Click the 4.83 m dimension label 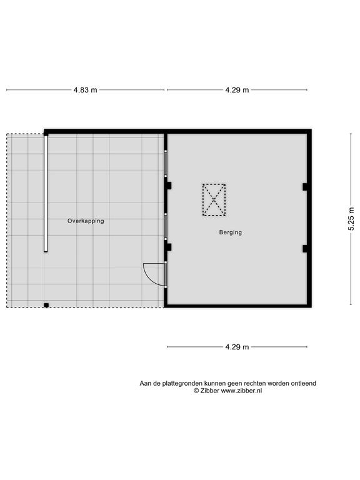point(85,90)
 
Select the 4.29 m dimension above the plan point(237,90)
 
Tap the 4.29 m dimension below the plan point(237,347)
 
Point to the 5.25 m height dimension point(351,219)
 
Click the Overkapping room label point(86,221)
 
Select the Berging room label point(231,232)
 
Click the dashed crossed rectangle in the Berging point(214,200)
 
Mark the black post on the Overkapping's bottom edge point(46,305)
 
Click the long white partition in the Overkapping point(46,194)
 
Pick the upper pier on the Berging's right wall point(305,187)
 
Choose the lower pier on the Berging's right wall point(305,249)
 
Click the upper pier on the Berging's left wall point(169,186)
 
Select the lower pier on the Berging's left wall point(169,247)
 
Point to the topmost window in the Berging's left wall point(166,164)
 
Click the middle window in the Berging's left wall point(166,226)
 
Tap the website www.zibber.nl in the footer point(241,391)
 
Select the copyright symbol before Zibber point(196,391)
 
